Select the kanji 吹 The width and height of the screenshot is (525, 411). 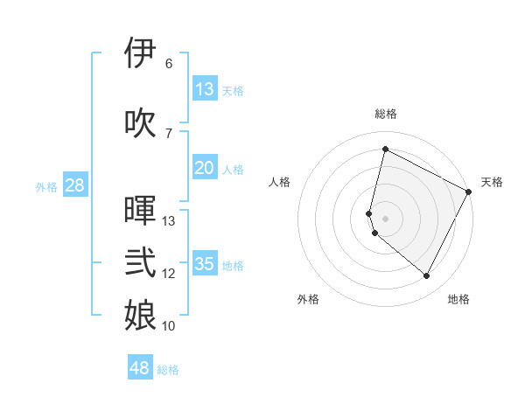pos(140,122)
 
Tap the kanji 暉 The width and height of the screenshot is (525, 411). pos(140,211)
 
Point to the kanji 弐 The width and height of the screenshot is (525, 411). pos(140,263)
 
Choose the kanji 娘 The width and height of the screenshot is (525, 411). pos(140,316)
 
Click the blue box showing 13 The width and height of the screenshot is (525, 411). pos(205,89)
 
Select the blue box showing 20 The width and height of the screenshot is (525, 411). pos(205,168)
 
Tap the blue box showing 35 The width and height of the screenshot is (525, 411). pos(205,264)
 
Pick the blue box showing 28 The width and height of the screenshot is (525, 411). pos(73,185)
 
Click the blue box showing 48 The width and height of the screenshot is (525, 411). pos(140,368)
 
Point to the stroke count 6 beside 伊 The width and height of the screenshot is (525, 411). pos(168,64)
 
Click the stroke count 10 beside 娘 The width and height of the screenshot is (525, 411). pos(169,326)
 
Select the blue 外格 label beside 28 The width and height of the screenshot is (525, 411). pos(46,186)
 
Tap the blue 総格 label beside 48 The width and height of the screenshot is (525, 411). pos(168,370)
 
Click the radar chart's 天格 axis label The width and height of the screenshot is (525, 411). pos(492,182)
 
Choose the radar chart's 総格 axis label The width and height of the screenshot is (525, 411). pos(385,114)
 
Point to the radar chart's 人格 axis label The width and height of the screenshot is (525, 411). pos(279,182)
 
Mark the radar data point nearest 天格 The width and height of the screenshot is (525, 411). pos(469,192)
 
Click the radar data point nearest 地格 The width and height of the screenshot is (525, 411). pos(427,276)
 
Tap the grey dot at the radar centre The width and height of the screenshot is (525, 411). pos(385,218)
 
